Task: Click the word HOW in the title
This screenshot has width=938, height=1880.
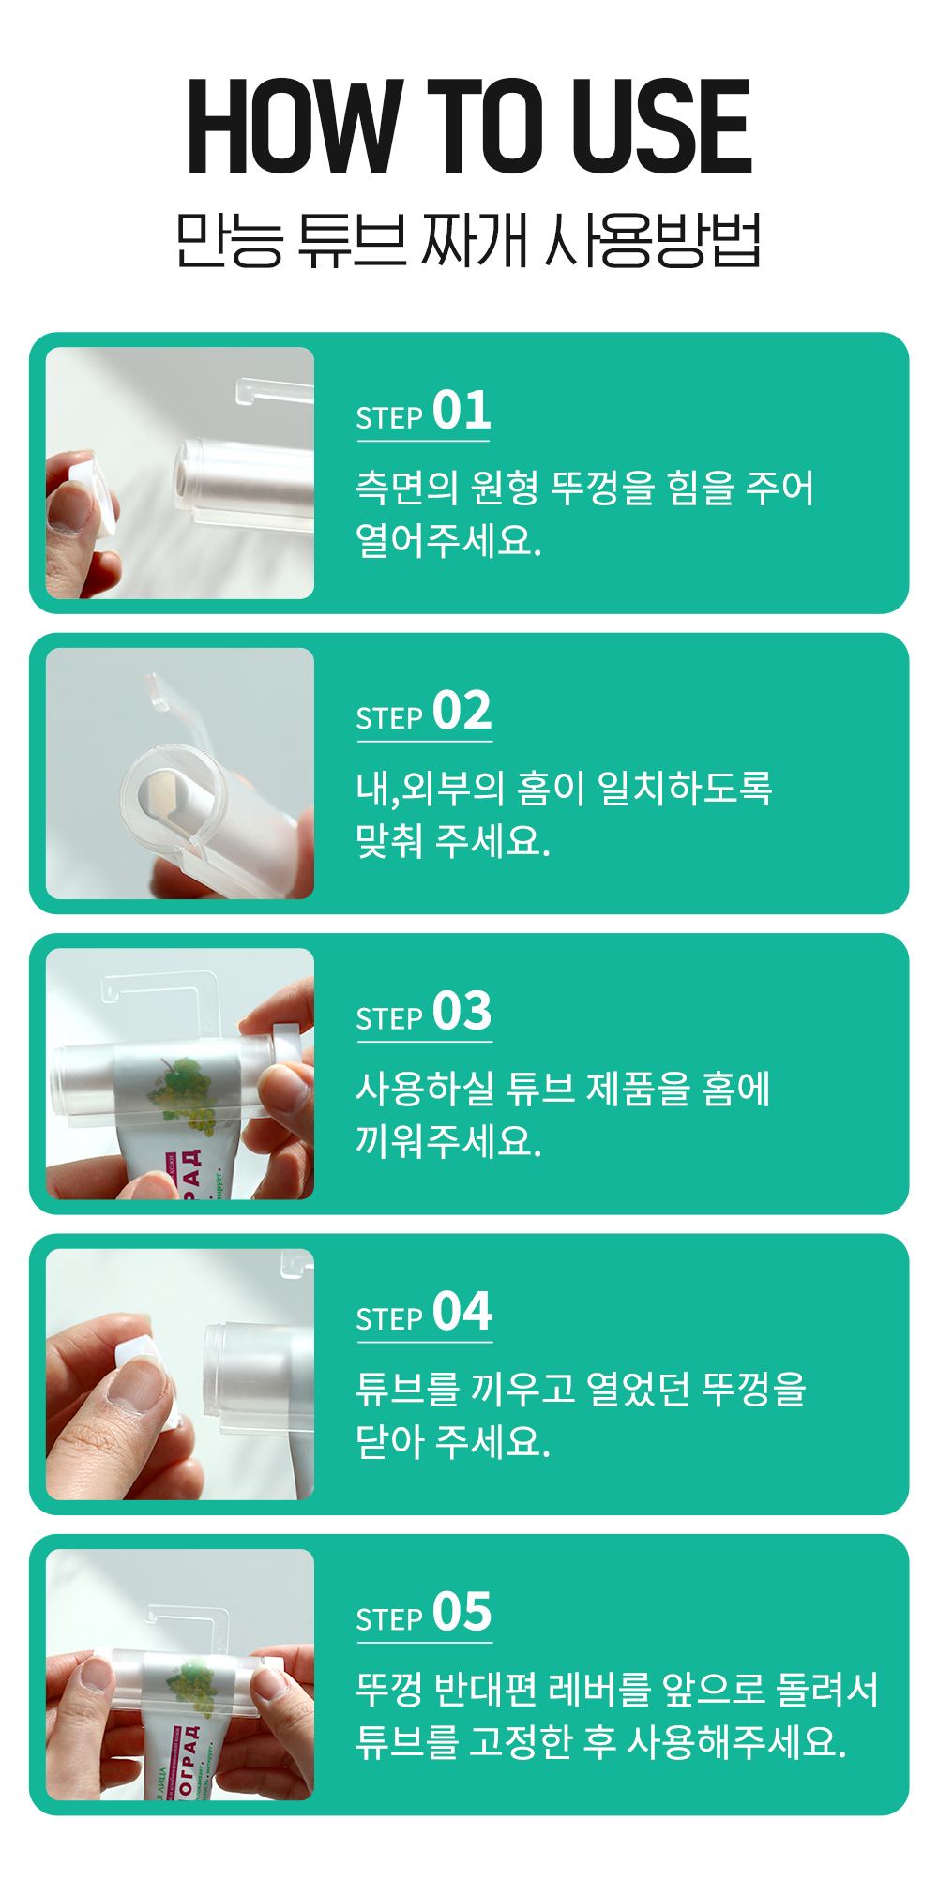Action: coord(295,127)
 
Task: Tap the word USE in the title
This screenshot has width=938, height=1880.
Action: coord(661,127)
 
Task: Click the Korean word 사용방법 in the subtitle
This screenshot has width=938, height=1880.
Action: coord(653,240)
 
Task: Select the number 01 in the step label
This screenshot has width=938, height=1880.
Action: coord(461,411)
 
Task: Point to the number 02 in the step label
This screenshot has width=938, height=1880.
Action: coord(461,711)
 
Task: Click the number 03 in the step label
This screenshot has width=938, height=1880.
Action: coord(461,1012)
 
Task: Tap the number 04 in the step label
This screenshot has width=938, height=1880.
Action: coord(462,1312)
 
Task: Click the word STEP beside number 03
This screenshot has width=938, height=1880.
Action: coord(389,1018)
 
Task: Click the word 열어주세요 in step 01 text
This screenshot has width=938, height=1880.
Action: coord(448,540)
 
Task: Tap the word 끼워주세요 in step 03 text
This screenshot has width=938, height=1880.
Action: coord(448,1141)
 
